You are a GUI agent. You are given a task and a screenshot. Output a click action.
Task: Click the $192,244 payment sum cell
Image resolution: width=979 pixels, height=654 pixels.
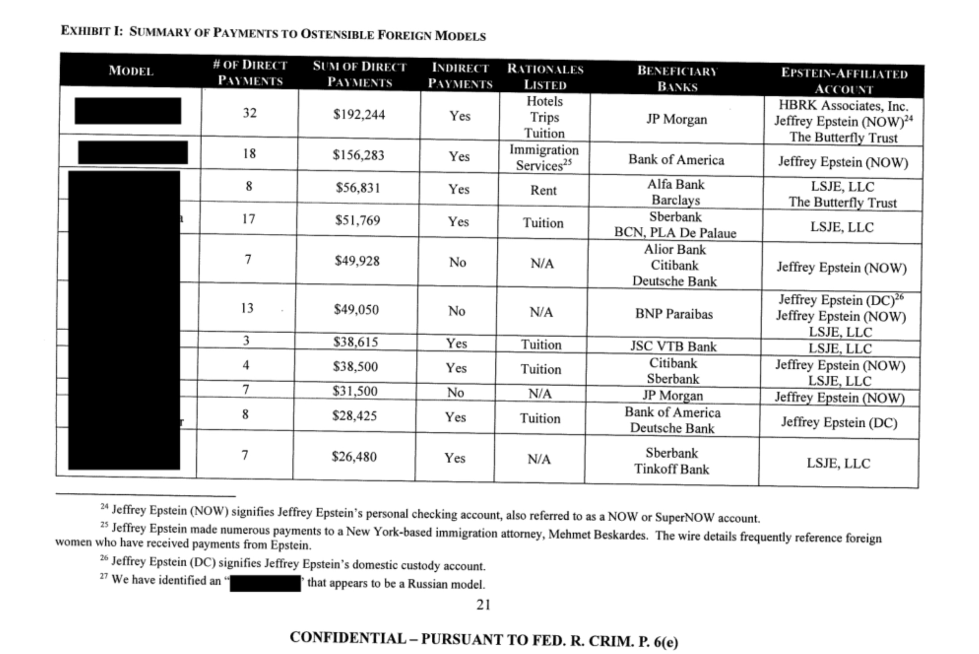[359, 115]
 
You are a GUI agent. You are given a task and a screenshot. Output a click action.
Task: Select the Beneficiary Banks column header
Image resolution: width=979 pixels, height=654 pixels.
[677, 79]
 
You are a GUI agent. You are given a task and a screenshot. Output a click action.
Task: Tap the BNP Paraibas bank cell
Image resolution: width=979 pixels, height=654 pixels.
[674, 314]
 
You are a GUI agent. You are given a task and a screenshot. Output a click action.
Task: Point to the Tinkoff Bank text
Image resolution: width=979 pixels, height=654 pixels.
[672, 469]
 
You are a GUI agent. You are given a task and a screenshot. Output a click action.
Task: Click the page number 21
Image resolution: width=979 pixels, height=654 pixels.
[483, 605]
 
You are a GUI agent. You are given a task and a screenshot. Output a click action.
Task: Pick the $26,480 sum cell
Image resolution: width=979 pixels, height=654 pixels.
[354, 457]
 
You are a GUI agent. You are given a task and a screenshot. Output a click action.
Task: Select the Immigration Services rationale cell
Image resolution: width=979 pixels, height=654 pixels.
[544, 157]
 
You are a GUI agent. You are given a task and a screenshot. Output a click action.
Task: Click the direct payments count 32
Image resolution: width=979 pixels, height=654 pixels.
[250, 113]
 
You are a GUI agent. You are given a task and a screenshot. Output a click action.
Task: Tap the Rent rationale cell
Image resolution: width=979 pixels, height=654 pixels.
[543, 190]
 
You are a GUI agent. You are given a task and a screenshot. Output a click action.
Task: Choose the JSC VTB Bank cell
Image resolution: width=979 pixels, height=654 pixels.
[673, 346]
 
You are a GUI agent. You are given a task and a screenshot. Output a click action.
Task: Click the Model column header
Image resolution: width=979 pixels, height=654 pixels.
[131, 71]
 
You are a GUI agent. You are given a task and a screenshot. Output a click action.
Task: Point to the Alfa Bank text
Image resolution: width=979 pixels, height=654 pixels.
[676, 185]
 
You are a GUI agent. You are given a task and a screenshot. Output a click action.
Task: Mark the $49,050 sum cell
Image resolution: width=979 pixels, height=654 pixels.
[356, 310]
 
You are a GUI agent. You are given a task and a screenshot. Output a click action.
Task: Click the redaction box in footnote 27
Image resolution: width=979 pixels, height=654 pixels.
[265, 583]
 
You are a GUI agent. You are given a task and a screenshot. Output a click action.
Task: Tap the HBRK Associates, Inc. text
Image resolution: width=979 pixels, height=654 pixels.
[843, 105]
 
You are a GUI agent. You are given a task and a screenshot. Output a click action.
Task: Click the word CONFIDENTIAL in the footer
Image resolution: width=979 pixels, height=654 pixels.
[348, 638]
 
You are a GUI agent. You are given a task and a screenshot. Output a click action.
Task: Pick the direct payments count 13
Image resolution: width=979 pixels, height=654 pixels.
[247, 308]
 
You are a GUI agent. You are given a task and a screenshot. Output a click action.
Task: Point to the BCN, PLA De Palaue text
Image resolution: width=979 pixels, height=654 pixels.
[675, 232]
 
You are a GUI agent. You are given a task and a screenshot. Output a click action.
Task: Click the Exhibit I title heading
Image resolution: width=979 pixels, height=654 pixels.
[273, 33]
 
